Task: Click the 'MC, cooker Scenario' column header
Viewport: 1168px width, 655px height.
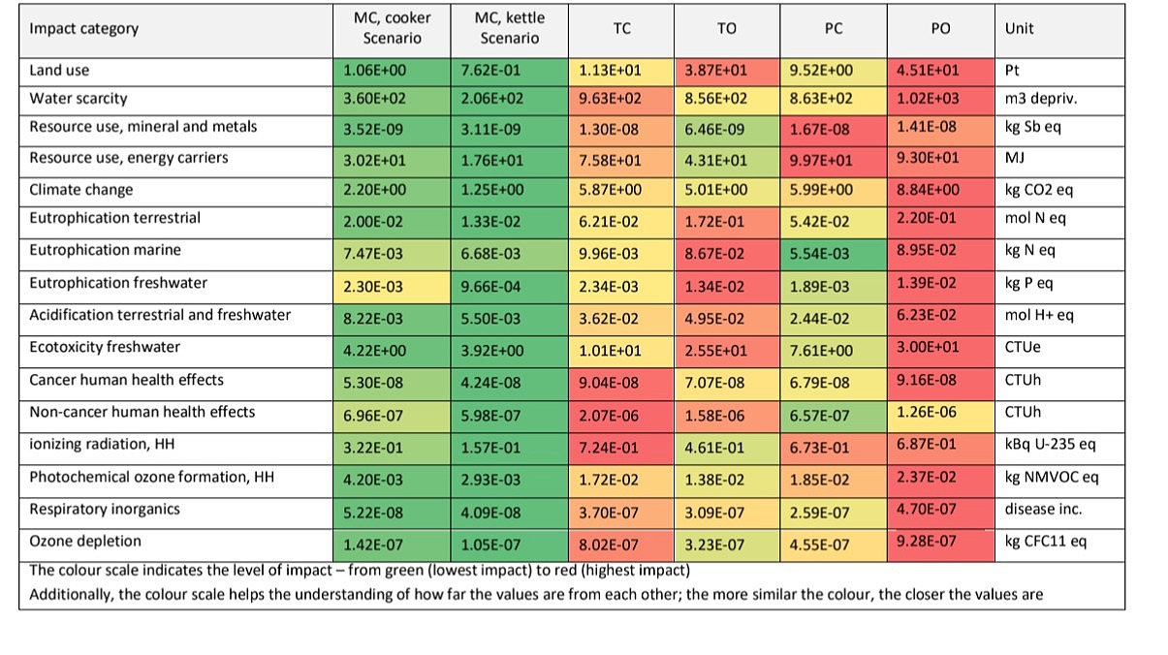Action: pyautogui.click(x=392, y=29)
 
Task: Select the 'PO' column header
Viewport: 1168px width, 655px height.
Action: pyautogui.click(x=940, y=29)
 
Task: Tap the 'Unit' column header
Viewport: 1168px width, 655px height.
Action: pyautogui.click(x=1019, y=29)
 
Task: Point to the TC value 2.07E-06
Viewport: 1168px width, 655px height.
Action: pyautogui.click(x=609, y=413)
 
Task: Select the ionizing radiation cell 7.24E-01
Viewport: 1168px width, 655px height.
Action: pyautogui.click(x=609, y=446)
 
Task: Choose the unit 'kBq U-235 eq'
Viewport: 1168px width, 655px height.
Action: pyautogui.click(x=1051, y=446)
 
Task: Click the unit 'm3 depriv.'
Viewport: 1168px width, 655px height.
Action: pyautogui.click(x=1039, y=99)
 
